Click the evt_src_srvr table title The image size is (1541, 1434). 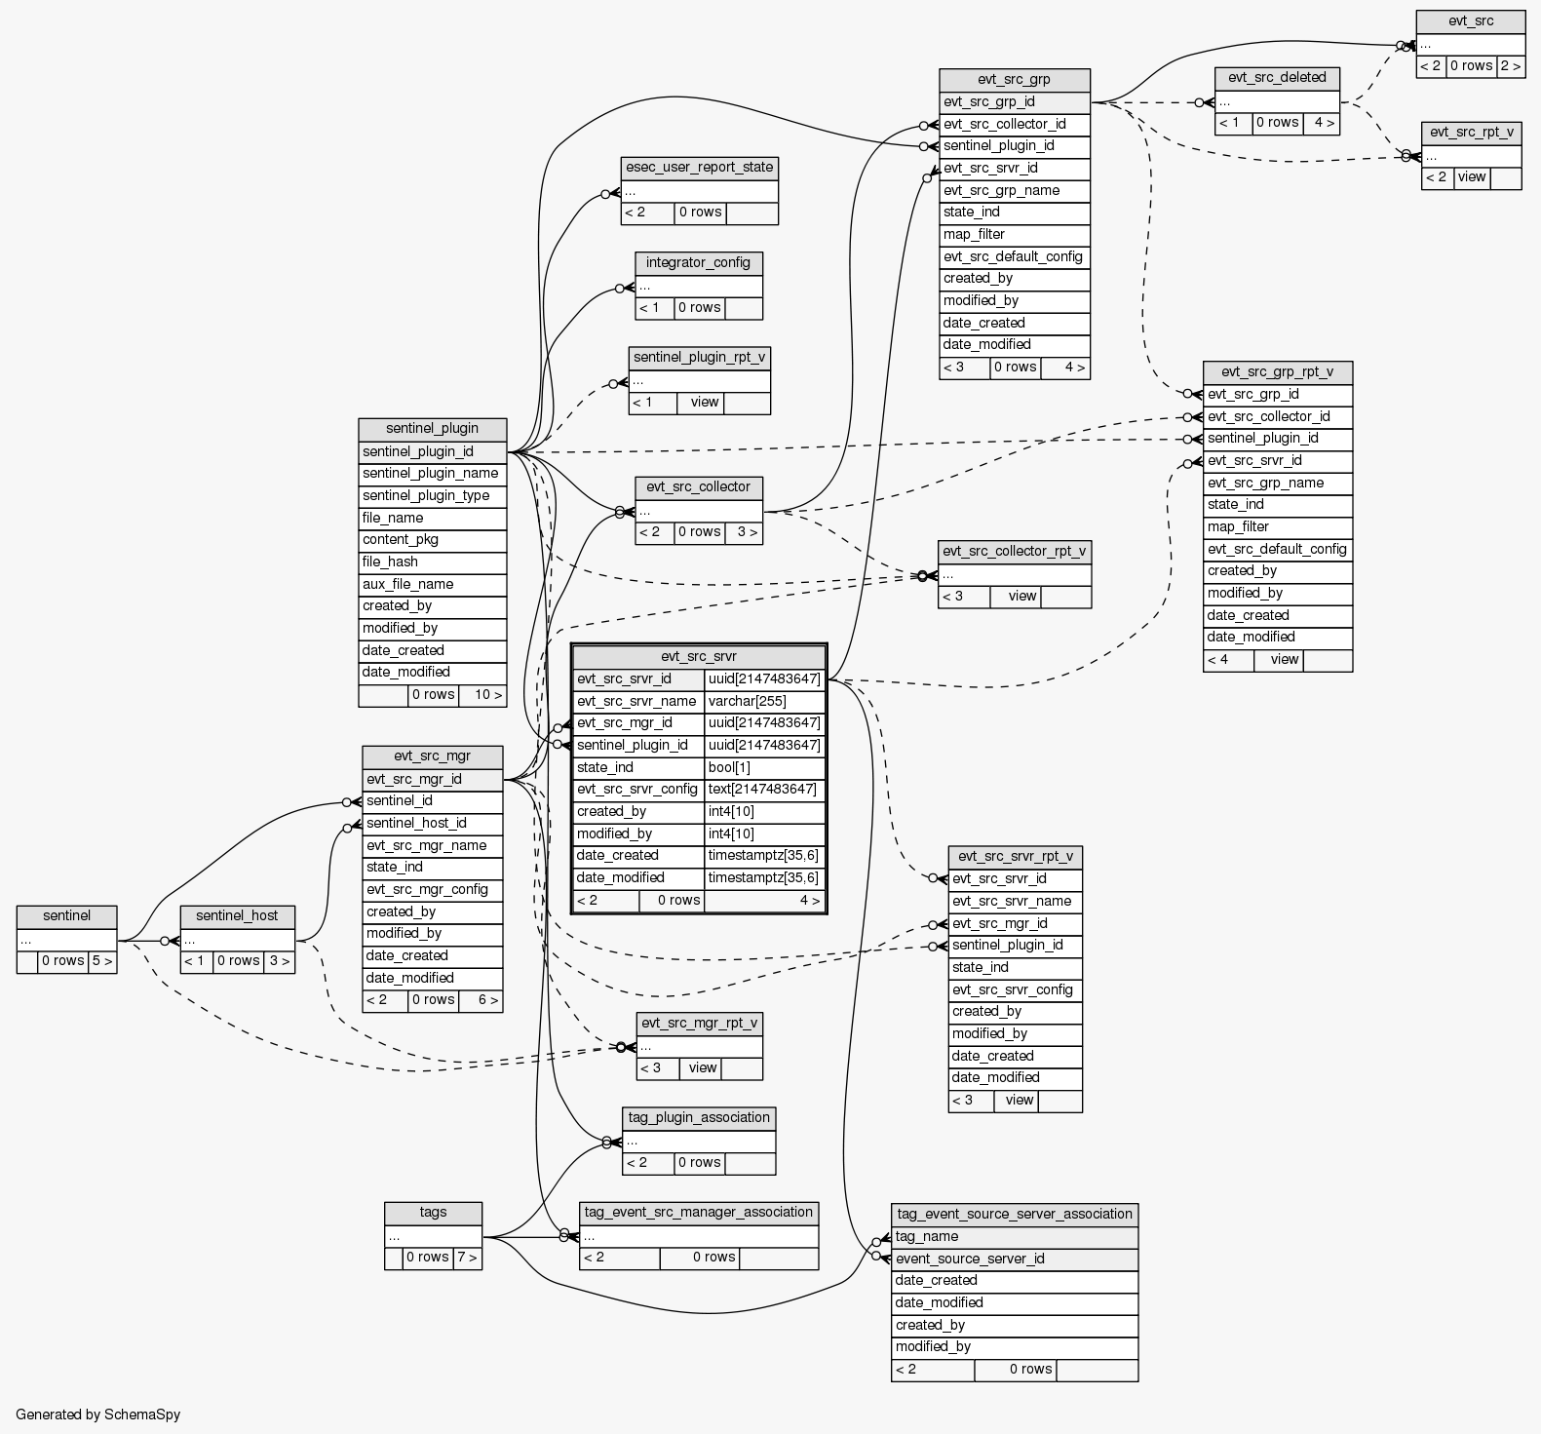point(698,656)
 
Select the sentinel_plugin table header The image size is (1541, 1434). point(432,428)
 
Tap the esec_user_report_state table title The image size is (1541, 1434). point(699,167)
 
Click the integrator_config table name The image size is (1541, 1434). point(698,262)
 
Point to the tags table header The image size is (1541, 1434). point(433,1212)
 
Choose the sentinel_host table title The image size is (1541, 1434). point(237,915)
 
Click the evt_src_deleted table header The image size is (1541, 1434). point(1277,77)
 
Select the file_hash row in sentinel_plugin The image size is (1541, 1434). point(432,562)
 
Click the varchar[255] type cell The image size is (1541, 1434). point(764,701)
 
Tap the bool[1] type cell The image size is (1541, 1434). point(764,767)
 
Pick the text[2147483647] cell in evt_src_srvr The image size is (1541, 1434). point(764,790)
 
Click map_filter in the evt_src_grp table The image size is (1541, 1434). point(1014,234)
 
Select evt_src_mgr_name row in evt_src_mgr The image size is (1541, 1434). point(432,845)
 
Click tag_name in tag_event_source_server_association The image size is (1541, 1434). point(1014,1236)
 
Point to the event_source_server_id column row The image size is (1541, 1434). point(1014,1259)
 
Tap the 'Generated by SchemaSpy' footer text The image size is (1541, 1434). point(97,1414)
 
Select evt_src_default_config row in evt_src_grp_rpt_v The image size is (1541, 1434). point(1277,549)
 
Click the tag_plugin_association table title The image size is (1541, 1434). point(699,1117)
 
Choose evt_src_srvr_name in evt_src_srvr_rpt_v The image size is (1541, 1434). point(1014,901)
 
